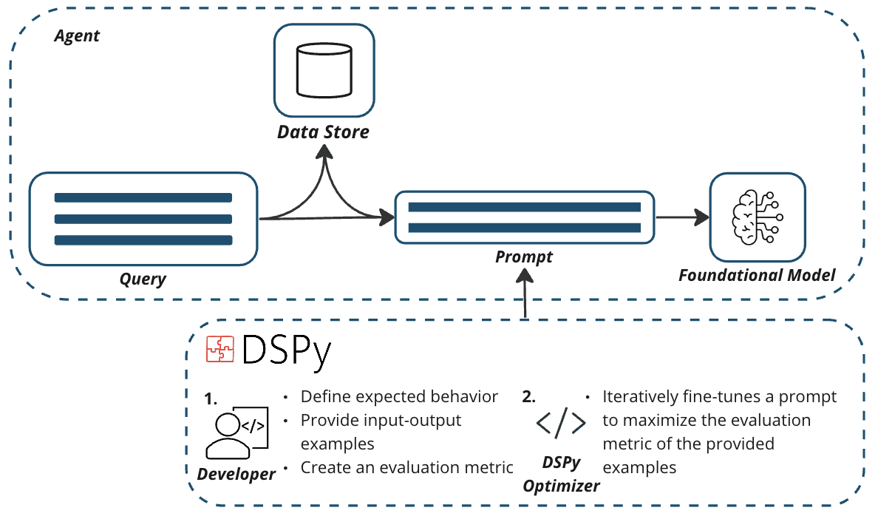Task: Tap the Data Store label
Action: pos(323,133)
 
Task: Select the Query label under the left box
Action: pos(143,279)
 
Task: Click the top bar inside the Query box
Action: pos(143,197)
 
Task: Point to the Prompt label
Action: pos(524,257)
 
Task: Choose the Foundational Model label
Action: pos(757,276)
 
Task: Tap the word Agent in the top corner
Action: pos(77,35)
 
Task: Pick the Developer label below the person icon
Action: pos(236,474)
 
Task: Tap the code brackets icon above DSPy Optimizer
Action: pos(561,423)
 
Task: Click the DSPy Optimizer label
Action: pos(561,474)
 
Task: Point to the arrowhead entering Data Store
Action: pos(323,153)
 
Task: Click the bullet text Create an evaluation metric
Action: pos(406,467)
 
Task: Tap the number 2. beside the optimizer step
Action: pos(528,396)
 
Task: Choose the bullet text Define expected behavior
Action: pos(399,396)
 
